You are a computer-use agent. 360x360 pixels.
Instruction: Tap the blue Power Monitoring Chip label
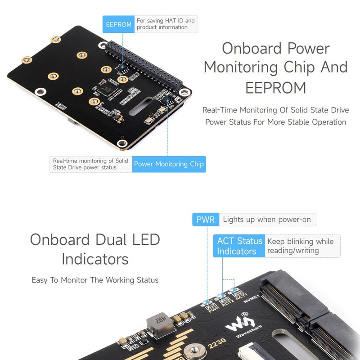click(169, 164)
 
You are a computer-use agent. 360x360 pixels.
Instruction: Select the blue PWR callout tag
click(206, 220)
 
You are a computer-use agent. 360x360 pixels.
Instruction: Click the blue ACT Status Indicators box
click(239, 246)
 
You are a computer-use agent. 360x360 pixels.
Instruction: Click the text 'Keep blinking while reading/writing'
click(300, 246)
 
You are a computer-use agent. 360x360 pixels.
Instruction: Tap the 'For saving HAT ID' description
click(166, 24)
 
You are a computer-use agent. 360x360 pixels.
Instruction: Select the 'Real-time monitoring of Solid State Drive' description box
click(90, 164)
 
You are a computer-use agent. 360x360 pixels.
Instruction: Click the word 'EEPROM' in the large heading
click(275, 87)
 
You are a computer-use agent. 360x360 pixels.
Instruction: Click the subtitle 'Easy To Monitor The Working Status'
click(95, 280)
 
